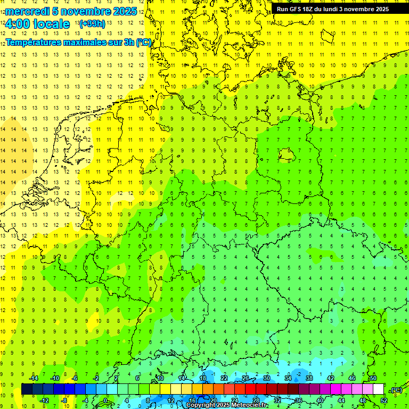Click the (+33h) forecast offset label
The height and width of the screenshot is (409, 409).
coord(92,24)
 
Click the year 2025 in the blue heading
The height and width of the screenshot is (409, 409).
coord(125,11)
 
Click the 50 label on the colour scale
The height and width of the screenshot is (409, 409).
coord(373,378)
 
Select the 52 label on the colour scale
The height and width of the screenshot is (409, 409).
coord(383,400)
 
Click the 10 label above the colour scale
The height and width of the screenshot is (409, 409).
coord(160,378)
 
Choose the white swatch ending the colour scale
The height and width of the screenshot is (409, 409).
coord(378,389)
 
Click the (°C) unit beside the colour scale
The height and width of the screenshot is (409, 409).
coord(396,390)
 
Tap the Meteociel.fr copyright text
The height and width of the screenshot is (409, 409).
coord(226,405)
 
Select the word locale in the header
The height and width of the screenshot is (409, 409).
coord(51,24)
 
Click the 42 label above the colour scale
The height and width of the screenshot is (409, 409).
coord(330,378)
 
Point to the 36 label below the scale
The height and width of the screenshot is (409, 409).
coord(298,400)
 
